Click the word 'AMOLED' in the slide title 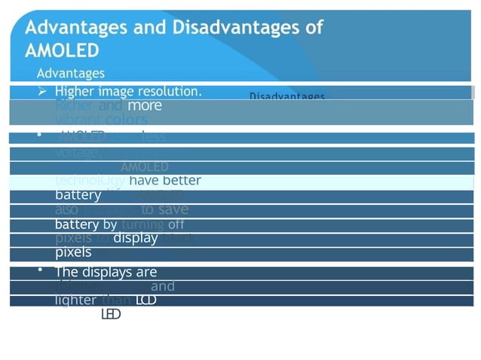click(62, 51)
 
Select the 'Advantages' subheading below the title click(71, 73)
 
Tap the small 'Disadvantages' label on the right click(287, 97)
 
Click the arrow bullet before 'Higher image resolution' click(43, 91)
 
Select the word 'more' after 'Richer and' click(145, 106)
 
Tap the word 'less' click(154, 137)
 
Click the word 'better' click(182, 180)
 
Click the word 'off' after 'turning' click(176, 224)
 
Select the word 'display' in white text click(135, 238)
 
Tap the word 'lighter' click(75, 300)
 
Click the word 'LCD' click(146, 300)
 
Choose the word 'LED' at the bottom click(110, 314)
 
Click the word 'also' click(67, 210)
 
